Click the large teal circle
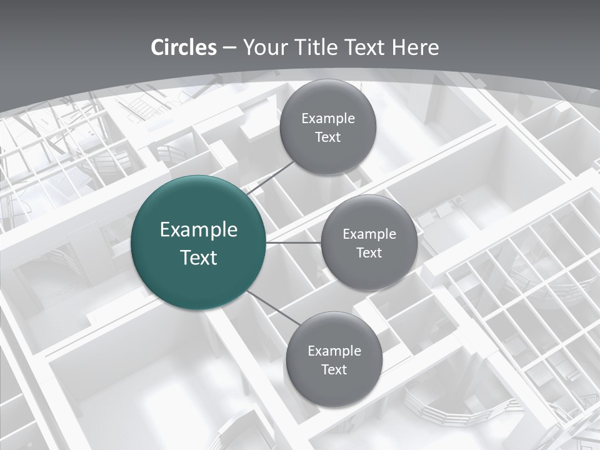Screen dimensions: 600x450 (x=199, y=243)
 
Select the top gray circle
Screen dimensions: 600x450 (x=327, y=127)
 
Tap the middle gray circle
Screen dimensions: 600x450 (x=369, y=242)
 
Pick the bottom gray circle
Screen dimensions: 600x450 (x=334, y=359)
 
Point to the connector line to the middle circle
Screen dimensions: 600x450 (x=294, y=242)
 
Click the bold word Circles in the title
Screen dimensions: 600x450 (x=184, y=47)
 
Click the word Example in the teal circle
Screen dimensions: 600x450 (x=199, y=230)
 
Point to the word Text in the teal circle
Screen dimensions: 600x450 (x=199, y=257)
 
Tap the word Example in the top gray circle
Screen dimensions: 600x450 (x=327, y=119)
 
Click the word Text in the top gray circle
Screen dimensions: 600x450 (x=327, y=137)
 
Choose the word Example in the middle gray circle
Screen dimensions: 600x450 (x=369, y=234)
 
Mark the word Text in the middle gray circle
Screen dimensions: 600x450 (x=369, y=252)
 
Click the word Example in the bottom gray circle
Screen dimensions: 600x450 (x=334, y=351)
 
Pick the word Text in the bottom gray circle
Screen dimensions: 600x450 (x=334, y=369)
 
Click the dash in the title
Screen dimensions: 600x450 (x=229, y=48)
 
